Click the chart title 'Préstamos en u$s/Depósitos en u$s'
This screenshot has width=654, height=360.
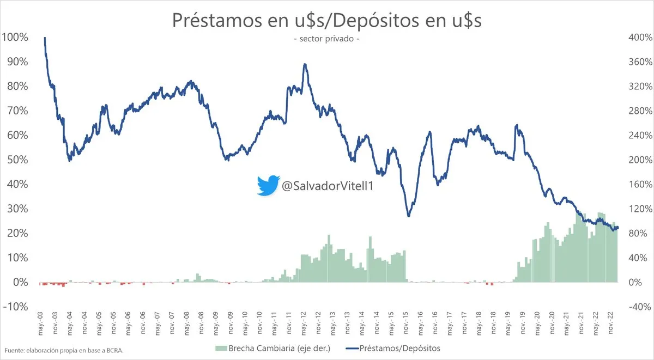tap(326, 20)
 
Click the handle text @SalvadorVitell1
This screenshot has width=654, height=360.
tap(328, 186)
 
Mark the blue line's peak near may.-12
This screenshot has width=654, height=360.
tap(305, 64)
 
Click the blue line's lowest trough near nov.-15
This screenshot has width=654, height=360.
tap(408, 216)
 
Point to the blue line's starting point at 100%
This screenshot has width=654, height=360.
tap(44, 38)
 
